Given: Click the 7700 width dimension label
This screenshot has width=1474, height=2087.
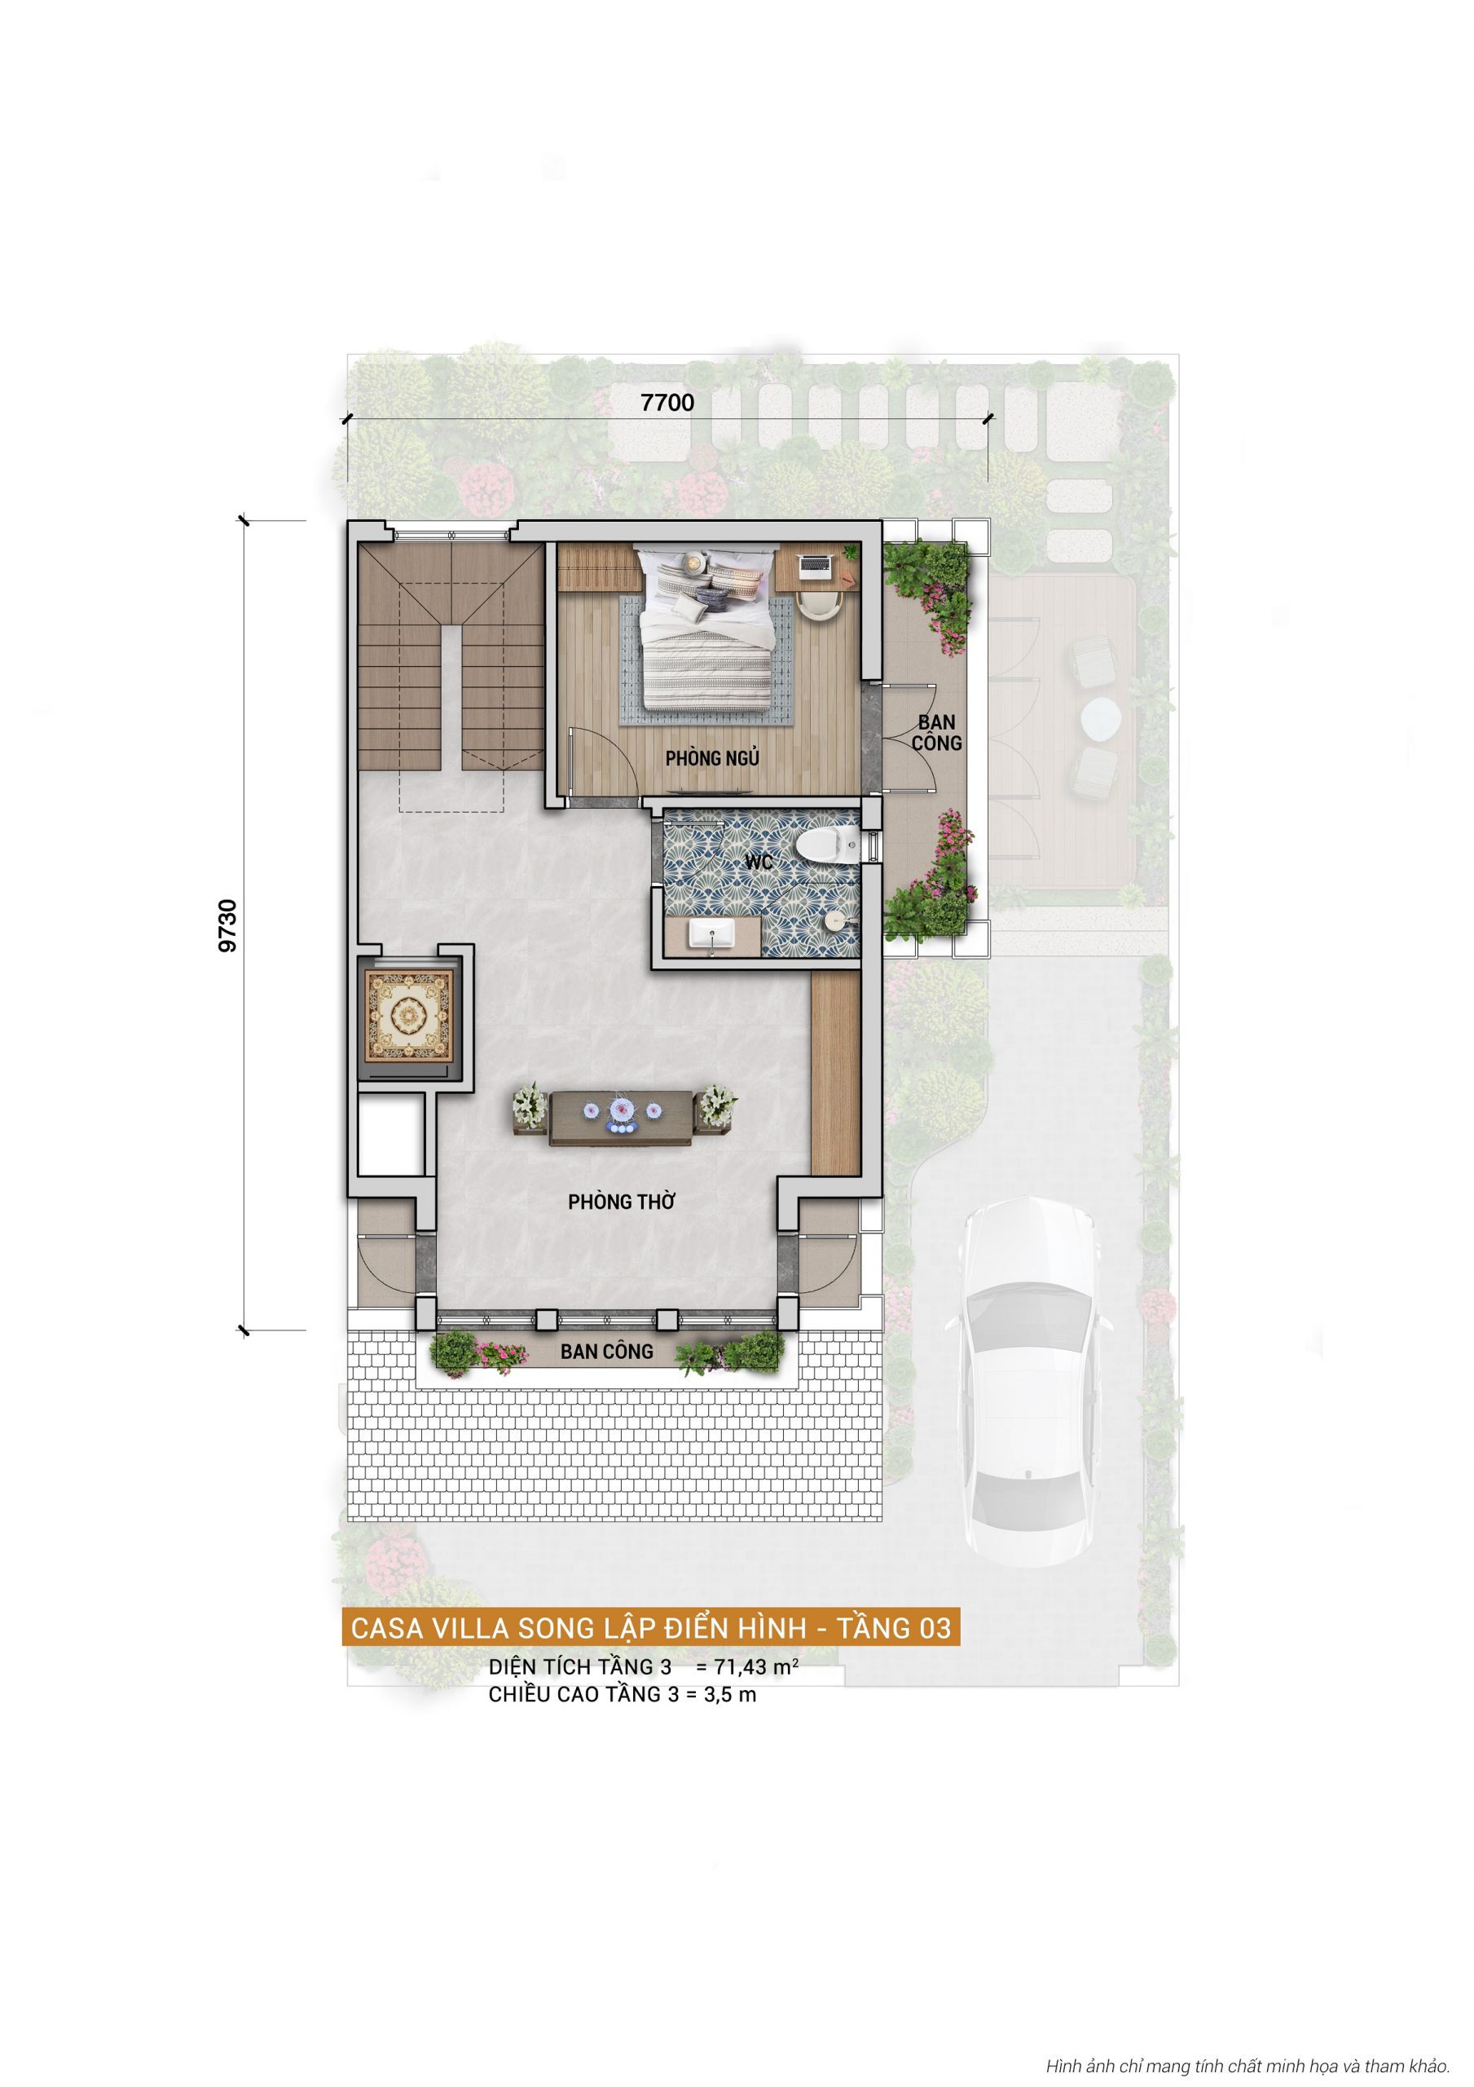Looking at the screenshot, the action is click(x=667, y=402).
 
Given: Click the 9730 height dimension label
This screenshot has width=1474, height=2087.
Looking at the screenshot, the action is click(x=227, y=925).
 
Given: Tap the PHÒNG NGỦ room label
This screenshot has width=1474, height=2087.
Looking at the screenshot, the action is click(x=711, y=758).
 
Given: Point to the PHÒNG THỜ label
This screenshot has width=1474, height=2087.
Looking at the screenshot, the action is click(x=622, y=1202).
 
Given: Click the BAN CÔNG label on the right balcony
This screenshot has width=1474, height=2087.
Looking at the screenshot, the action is click(x=936, y=732).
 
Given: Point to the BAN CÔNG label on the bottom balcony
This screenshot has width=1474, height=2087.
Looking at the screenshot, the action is click(x=606, y=1352).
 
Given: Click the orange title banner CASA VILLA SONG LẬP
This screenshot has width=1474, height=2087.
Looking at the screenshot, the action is click(x=651, y=1627).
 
